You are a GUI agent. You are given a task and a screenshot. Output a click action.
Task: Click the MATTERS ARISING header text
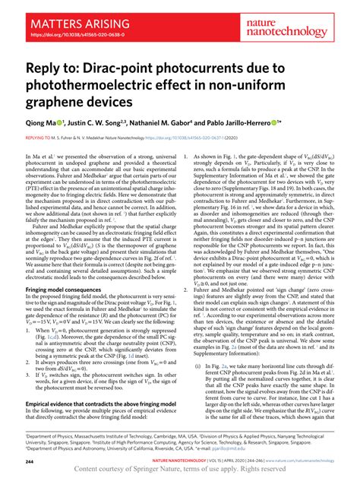62,14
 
